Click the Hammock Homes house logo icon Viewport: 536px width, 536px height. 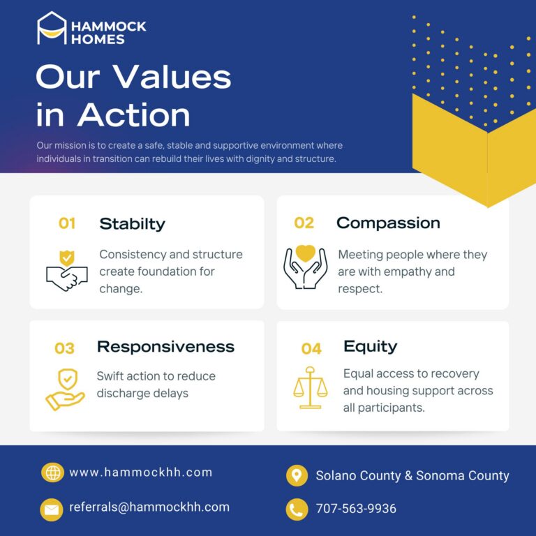[52, 28]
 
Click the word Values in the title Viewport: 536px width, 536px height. [172, 77]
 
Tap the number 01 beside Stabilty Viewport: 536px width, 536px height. [67, 223]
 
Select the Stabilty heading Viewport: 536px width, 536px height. [133, 224]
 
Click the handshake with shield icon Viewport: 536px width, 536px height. [67, 271]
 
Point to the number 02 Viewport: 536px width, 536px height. [304, 223]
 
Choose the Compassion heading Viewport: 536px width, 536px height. [388, 223]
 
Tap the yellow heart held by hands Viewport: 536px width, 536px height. [305, 253]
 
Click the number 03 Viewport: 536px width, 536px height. [64, 348]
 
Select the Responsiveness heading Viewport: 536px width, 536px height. [166, 347]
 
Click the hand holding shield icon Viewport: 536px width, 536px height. [66, 389]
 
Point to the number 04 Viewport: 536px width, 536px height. [311, 349]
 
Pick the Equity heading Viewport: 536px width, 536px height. [370, 347]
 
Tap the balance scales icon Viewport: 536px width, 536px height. [311, 387]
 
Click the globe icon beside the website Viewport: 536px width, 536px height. [52, 472]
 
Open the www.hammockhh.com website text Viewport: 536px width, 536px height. [141, 472]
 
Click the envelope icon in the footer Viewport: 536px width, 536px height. [52, 509]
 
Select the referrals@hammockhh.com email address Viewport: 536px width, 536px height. [149, 507]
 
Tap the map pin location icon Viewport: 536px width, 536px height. [297, 475]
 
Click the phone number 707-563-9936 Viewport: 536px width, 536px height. [356, 509]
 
